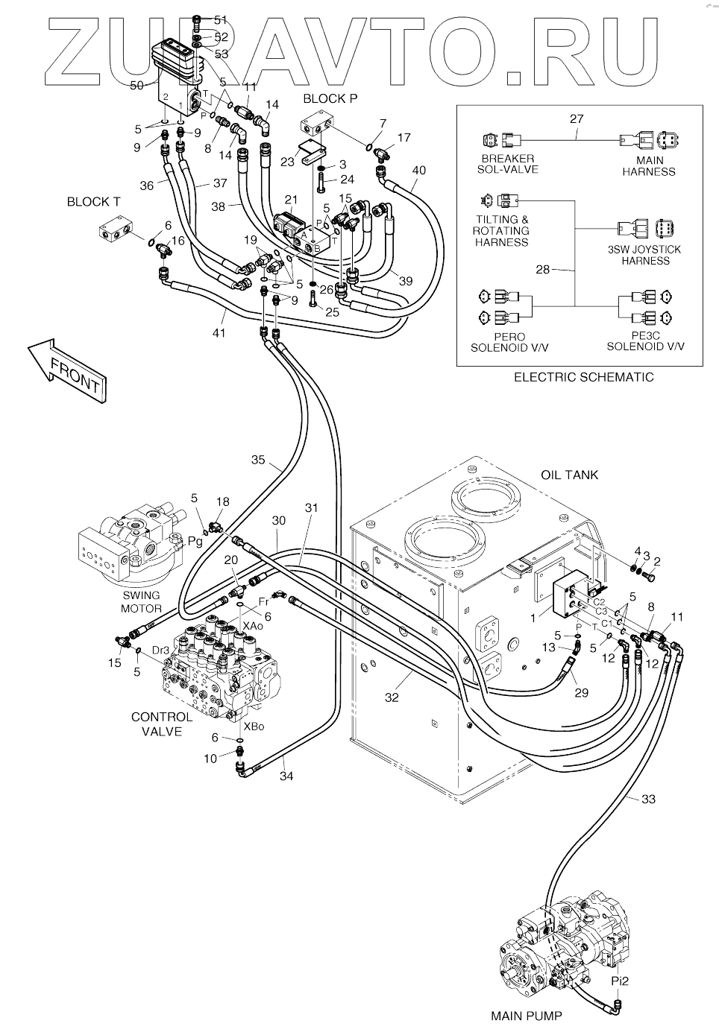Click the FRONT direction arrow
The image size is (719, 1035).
(68, 370)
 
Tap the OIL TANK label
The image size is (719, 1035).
(569, 475)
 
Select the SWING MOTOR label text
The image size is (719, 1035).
(141, 601)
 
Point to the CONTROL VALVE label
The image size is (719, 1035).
(162, 724)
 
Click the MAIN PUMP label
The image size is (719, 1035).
(526, 1015)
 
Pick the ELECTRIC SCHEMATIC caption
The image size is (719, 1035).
(583, 377)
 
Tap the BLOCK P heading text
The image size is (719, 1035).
(324, 98)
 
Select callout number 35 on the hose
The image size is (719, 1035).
(257, 460)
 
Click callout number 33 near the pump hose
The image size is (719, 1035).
(648, 800)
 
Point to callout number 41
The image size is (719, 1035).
(219, 333)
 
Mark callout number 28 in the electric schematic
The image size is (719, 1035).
(542, 269)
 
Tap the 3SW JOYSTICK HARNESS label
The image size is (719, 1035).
(645, 255)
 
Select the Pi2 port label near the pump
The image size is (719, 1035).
(620, 981)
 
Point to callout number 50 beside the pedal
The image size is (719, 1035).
(136, 86)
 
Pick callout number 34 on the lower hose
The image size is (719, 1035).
(286, 776)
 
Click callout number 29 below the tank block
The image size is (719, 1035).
(581, 692)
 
